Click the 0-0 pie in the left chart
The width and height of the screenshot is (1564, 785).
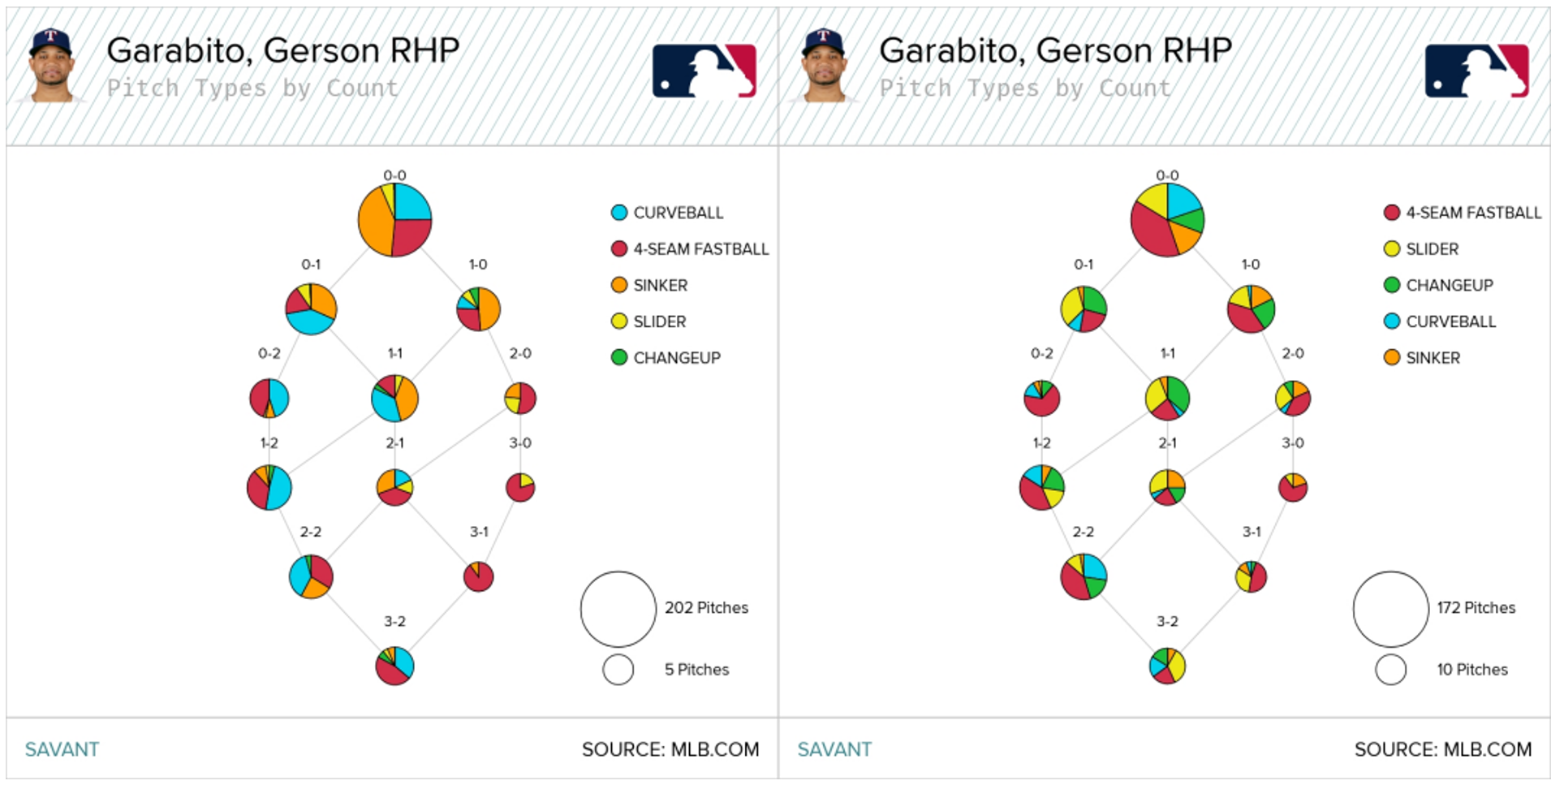click(394, 220)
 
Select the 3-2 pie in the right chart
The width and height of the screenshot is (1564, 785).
click(1167, 666)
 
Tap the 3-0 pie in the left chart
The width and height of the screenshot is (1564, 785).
click(520, 487)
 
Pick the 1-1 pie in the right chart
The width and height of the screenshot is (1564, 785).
click(1167, 398)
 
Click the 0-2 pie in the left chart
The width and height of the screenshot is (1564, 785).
click(269, 398)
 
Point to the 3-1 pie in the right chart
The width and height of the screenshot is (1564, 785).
click(1251, 576)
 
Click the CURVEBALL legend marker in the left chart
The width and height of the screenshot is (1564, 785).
click(619, 213)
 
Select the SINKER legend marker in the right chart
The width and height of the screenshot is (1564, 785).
click(1392, 357)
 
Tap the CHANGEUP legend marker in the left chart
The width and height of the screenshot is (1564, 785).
click(619, 357)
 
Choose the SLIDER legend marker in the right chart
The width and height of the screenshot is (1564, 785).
click(1392, 248)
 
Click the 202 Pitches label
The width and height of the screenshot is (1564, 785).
click(706, 607)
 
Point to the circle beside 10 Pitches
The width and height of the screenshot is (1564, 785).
click(1390, 670)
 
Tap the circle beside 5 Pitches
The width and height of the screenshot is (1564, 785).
click(618, 670)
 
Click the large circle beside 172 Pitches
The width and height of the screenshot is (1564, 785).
click(1390, 609)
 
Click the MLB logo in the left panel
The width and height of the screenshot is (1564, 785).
click(704, 71)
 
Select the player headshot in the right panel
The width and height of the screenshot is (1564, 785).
click(825, 67)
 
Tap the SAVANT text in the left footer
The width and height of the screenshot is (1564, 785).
click(62, 749)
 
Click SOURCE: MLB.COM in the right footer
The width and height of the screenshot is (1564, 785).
click(1442, 749)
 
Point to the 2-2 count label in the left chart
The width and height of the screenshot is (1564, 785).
click(311, 532)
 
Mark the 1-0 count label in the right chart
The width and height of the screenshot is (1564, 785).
click(1251, 265)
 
